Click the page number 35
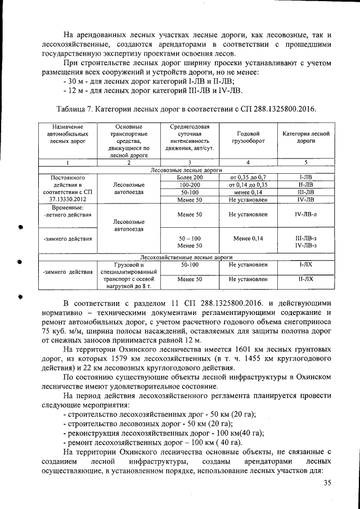pyautogui.click(x=327, y=483)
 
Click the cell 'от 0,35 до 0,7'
pyautogui.click(x=247, y=177)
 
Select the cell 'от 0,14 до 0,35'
pyautogui.click(x=247, y=184)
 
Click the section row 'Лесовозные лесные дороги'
pyautogui.click(x=186, y=169)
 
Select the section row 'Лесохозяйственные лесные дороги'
pyautogui.click(x=186, y=256)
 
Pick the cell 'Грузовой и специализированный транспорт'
pyautogui.click(x=129, y=271)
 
